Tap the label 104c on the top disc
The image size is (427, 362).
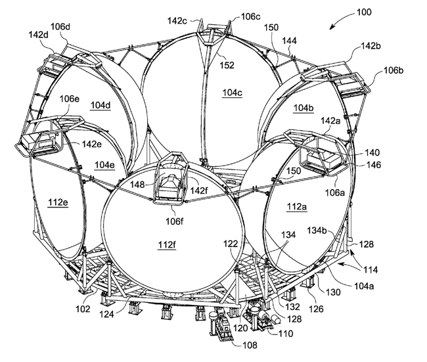tap(232, 93)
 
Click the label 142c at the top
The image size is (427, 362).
tap(178, 20)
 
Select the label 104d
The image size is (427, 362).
tap(101, 105)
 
